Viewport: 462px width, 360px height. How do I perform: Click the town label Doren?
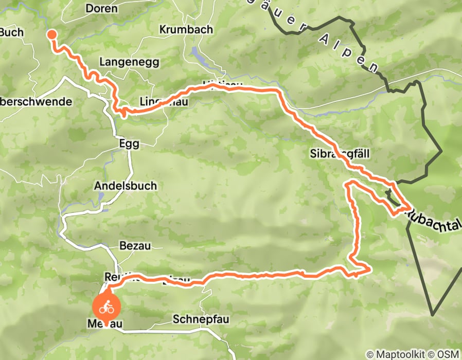[101, 9]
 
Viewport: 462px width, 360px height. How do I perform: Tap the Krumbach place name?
[186, 30]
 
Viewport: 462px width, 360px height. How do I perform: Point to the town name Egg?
[129, 144]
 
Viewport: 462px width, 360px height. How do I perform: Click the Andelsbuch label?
[126, 186]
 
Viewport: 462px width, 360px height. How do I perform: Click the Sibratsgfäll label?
[340, 153]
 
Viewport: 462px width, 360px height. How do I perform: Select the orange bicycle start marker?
[106, 307]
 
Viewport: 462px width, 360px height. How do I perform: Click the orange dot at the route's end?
[52, 35]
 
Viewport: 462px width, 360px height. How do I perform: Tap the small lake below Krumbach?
[198, 53]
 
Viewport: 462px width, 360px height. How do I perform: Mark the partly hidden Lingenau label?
[163, 102]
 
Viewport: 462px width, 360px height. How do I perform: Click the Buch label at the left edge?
[11, 32]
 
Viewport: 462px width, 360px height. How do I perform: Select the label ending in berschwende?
[36, 101]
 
